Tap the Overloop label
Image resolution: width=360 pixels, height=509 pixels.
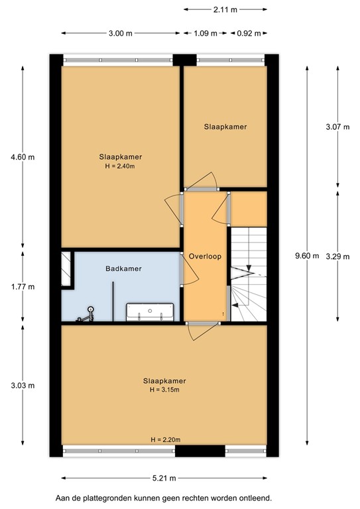tap(204, 256)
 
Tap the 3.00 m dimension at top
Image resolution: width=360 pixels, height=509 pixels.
tap(121, 33)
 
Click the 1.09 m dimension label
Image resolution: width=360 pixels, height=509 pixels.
tap(205, 33)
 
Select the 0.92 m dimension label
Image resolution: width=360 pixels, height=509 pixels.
tap(249, 33)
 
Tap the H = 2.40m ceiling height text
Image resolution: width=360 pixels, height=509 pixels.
tap(121, 166)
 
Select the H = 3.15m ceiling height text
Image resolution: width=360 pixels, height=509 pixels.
tap(164, 390)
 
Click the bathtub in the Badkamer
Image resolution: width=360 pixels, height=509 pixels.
tap(151, 310)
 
